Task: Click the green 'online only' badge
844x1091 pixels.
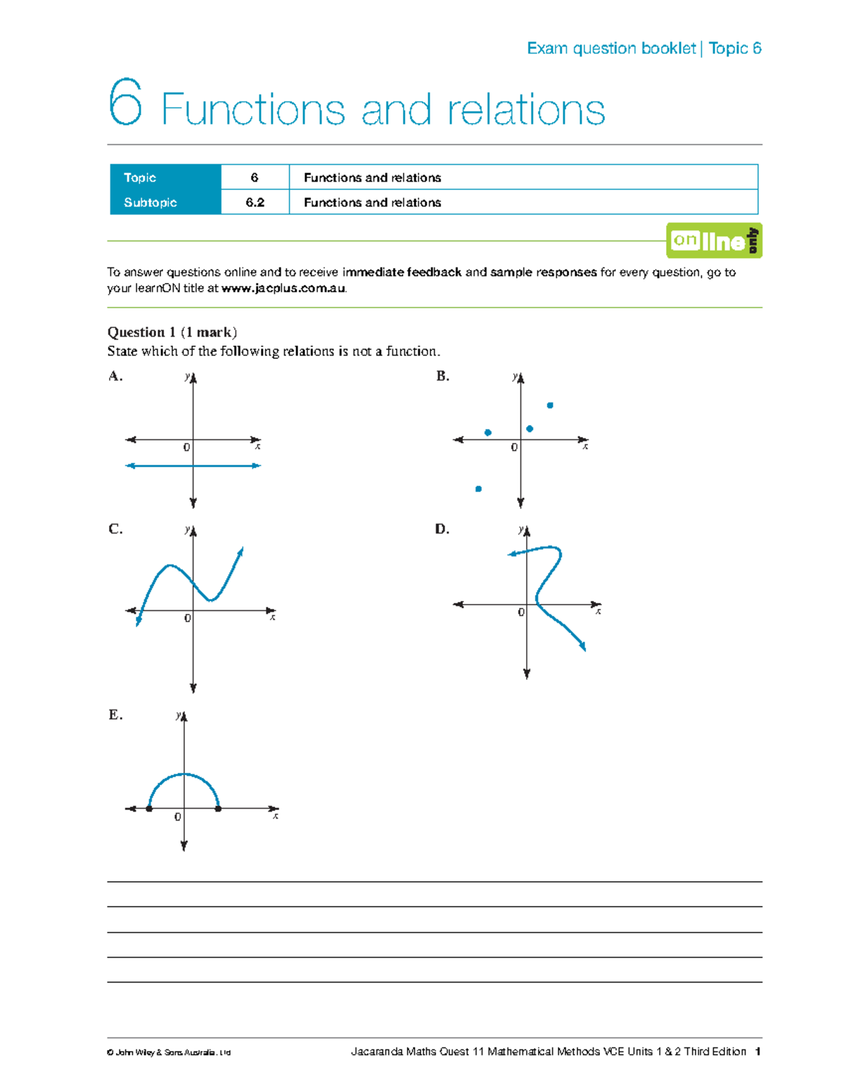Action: click(x=714, y=241)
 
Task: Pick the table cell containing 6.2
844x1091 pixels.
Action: click(x=255, y=203)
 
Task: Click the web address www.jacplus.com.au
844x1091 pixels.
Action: click(x=283, y=289)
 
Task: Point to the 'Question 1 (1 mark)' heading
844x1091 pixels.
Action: click(x=172, y=332)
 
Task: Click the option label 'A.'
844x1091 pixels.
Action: click(x=115, y=376)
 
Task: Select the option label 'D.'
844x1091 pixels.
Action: click(x=442, y=529)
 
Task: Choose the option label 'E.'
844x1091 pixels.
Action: click(x=115, y=714)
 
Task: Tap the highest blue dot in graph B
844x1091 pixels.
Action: click(x=550, y=405)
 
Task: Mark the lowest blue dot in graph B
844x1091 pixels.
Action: click(x=478, y=488)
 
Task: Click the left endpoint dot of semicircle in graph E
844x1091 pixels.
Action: click(x=149, y=809)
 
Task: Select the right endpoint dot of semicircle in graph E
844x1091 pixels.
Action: click(x=218, y=809)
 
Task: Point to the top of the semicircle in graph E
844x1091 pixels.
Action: click(x=184, y=774)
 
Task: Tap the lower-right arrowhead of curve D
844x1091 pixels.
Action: click(x=582, y=647)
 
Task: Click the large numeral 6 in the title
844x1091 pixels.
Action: click(x=125, y=103)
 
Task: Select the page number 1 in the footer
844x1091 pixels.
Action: click(x=757, y=1052)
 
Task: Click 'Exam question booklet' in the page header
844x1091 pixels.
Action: click(x=611, y=49)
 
